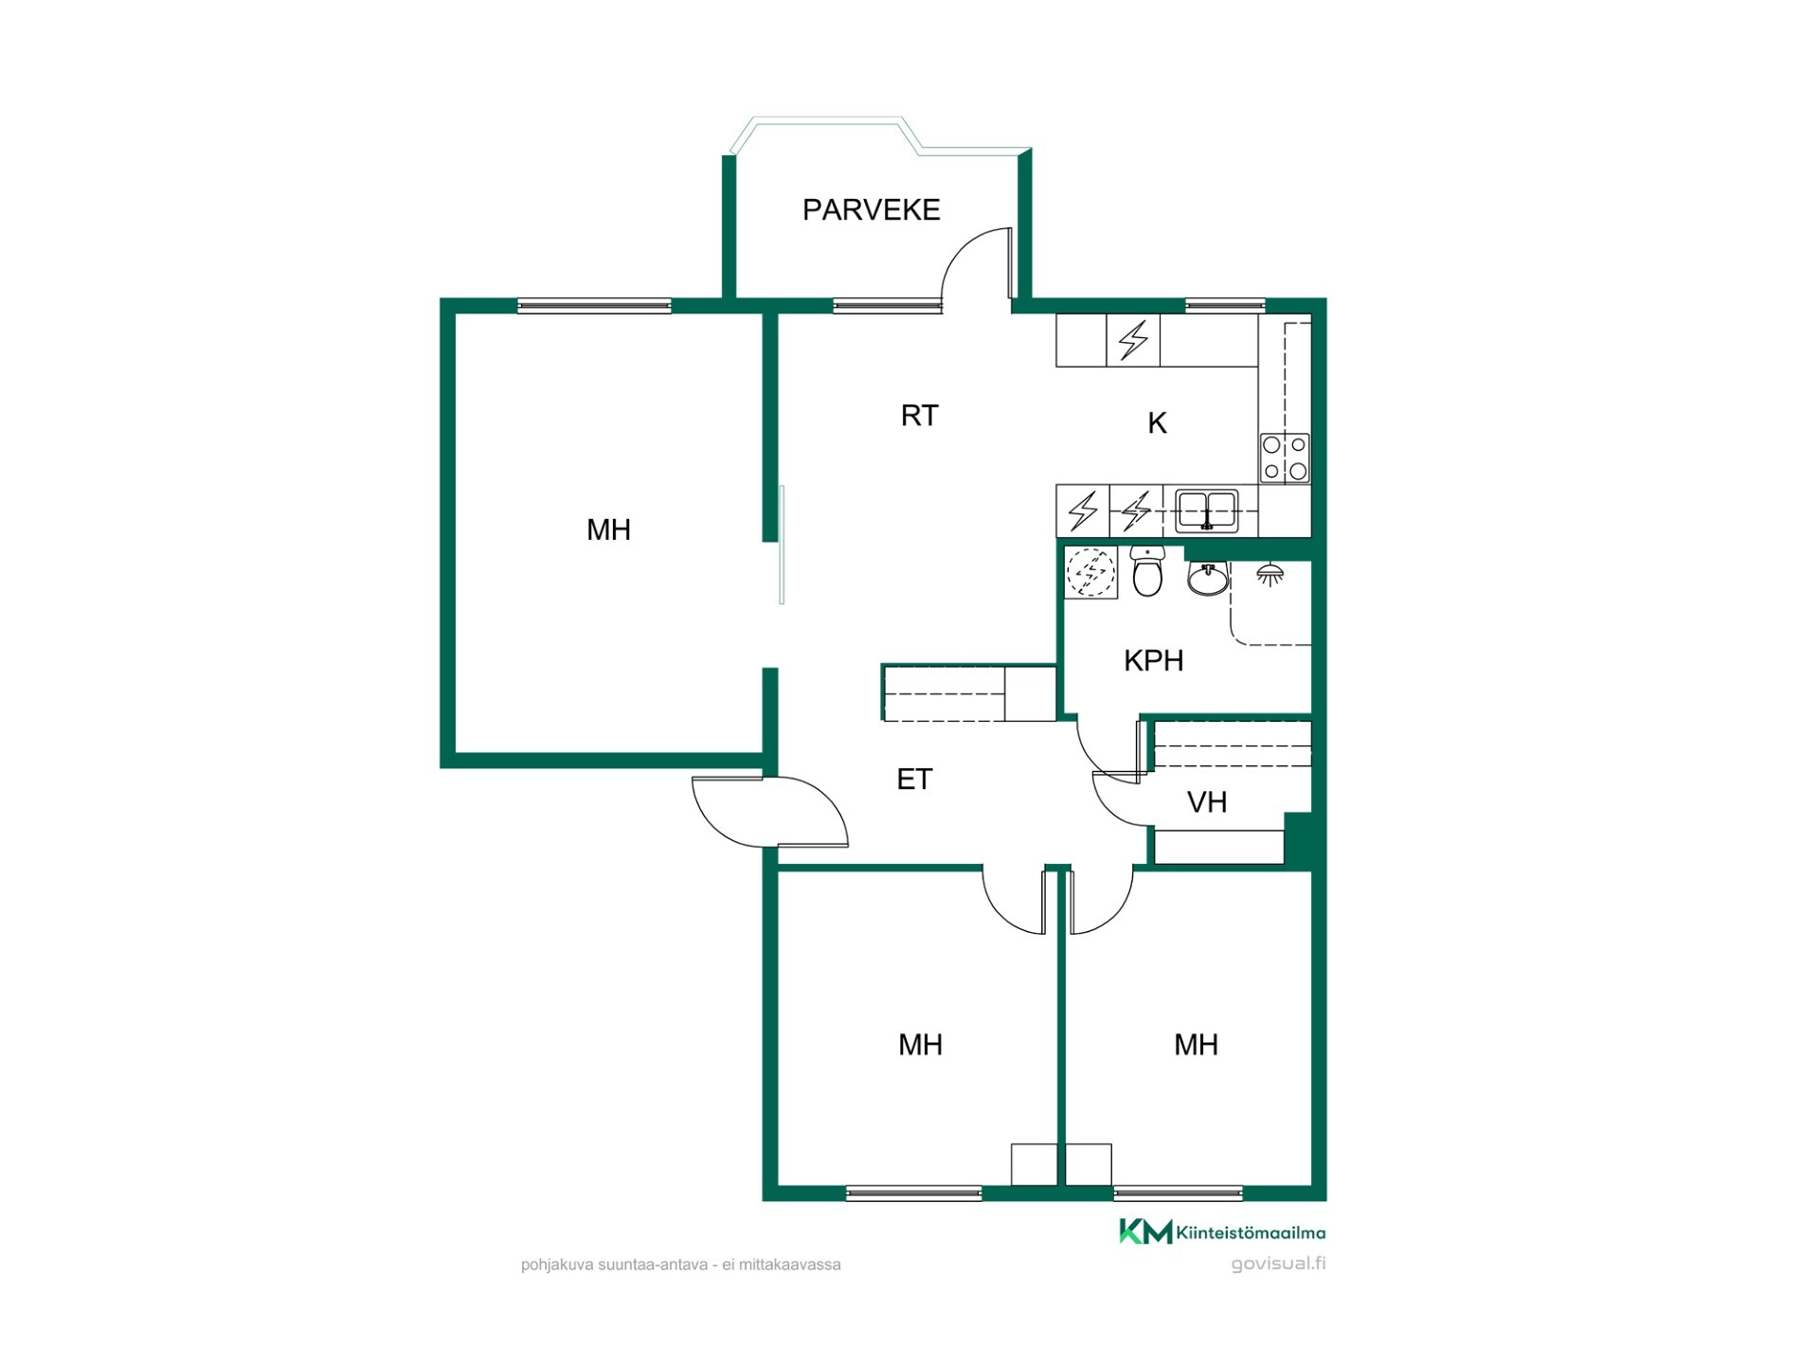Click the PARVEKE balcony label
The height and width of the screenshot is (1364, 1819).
(871, 209)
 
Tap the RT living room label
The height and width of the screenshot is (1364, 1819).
(919, 415)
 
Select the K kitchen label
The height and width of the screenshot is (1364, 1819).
(1157, 423)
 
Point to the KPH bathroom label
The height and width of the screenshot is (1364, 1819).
(1153, 660)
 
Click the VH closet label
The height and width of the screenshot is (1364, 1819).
(1206, 802)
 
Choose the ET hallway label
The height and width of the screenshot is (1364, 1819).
(914, 779)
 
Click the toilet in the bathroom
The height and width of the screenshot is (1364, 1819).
(1147, 571)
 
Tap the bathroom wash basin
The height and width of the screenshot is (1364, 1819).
(1207, 577)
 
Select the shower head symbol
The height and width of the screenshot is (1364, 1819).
(1270, 574)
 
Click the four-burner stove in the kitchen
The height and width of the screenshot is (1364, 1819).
(1285, 458)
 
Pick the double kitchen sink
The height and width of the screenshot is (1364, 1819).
(1207, 511)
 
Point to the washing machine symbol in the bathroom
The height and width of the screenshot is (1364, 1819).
(1090, 573)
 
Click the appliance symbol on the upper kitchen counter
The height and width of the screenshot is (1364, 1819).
(1133, 340)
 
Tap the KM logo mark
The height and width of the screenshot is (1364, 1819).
(1145, 1231)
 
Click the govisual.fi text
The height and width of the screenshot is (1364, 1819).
(1278, 1264)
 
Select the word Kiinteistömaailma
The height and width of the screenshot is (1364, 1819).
(1251, 1232)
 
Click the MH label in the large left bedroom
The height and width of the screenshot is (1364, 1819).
(608, 529)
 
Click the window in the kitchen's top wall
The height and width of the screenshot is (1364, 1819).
(1225, 305)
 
